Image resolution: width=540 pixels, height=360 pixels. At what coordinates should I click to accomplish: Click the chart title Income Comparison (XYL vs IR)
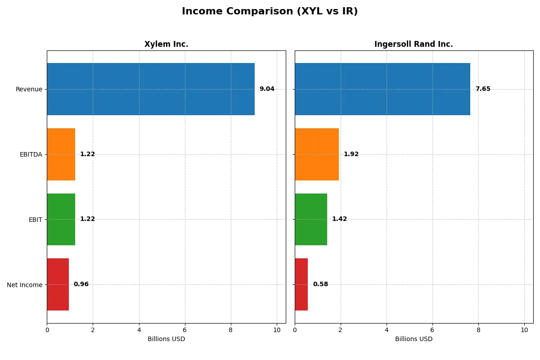pyautogui.click(x=270, y=12)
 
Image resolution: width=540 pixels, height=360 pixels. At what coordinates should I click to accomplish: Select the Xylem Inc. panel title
pyautogui.click(x=166, y=44)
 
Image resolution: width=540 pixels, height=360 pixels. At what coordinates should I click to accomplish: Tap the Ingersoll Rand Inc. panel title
pyautogui.click(x=414, y=44)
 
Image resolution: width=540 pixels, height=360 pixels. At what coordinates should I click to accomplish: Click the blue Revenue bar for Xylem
pyautogui.click(x=151, y=89)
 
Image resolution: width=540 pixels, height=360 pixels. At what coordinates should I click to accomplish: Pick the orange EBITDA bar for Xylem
pyautogui.click(x=61, y=154)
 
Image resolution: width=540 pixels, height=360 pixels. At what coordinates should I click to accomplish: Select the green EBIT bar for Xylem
pyautogui.click(x=61, y=219)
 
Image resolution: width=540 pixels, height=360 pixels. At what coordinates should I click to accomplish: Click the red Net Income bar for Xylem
pyautogui.click(x=58, y=284)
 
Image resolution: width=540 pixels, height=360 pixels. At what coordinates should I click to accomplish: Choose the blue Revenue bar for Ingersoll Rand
pyautogui.click(x=382, y=89)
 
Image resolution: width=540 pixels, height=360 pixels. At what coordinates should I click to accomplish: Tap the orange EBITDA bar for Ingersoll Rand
pyautogui.click(x=317, y=154)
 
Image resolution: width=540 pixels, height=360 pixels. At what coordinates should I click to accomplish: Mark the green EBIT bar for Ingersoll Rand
pyautogui.click(x=311, y=219)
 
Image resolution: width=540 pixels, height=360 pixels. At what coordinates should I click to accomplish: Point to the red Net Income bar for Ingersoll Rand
pyautogui.click(x=301, y=284)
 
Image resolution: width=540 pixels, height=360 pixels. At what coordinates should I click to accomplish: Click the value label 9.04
pyautogui.click(x=267, y=89)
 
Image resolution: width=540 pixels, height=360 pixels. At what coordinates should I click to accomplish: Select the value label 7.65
pyautogui.click(x=483, y=89)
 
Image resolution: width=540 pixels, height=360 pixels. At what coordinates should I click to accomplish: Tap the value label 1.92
pyautogui.click(x=351, y=154)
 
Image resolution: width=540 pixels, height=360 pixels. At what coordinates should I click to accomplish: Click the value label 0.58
pyautogui.click(x=320, y=284)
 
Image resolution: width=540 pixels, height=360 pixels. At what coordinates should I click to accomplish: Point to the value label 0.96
pyautogui.click(x=81, y=284)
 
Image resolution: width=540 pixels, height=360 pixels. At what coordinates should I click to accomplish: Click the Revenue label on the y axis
pyautogui.click(x=29, y=89)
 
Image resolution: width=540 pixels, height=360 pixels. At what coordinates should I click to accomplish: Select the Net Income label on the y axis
pyautogui.click(x=24, y=285)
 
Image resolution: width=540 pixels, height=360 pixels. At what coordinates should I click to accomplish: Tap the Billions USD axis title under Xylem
pyautogui.click(x=166, y=339)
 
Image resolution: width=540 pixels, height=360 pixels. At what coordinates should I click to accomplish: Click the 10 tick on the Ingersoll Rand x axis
pyautogui.click(x=524, y=330)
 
